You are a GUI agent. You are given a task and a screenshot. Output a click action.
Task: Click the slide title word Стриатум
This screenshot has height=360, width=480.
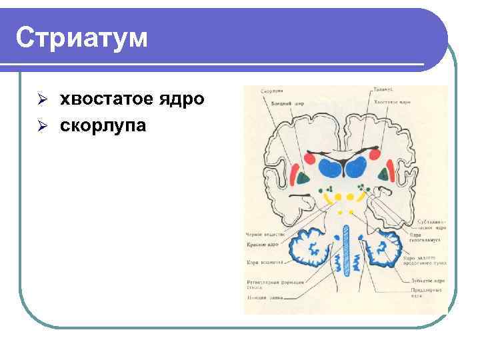click(x=81, y=38)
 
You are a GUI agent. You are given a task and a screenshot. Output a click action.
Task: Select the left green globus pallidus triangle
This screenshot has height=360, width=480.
click(x=303, y=177)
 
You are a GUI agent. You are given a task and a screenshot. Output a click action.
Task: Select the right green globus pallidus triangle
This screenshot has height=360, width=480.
click(x=384, y=175)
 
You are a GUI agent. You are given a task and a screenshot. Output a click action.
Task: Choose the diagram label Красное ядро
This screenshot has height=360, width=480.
click(x=261, y=245)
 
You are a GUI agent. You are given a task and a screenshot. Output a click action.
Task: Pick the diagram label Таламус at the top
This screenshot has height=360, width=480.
click(x=383, y=89)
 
